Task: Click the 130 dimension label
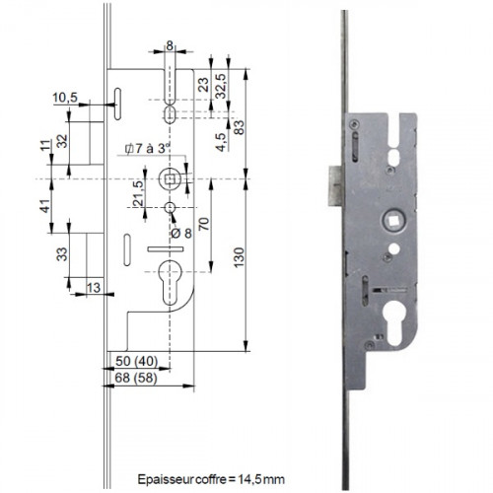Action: tap(240, 257)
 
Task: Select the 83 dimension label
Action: tap(240, 127)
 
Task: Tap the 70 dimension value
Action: tap(204, 224)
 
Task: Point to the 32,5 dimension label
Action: tap(221, 86)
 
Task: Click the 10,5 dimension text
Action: tap(65, 98)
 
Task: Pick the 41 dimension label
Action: tap(45, 206)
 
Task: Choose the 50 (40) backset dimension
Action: tap(136, 361)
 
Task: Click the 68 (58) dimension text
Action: tap(136, 378)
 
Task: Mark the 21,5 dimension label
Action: tap(139, 193)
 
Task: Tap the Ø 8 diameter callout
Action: tap(181, 234)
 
